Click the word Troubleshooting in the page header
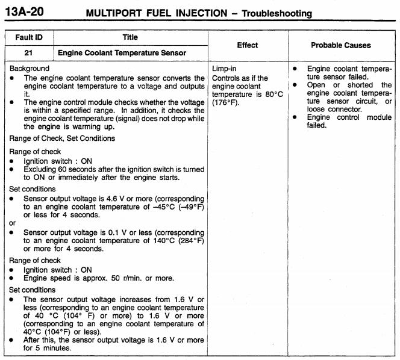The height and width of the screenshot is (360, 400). coord(277,13)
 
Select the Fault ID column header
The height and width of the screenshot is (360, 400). coord(28,37)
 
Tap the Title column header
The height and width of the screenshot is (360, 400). coord(130,37)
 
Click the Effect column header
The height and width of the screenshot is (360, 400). coord(248,45)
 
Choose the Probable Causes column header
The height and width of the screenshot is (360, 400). coord(341,45)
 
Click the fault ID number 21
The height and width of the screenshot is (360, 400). coord(28,53)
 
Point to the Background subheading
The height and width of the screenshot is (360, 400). coord(30,69)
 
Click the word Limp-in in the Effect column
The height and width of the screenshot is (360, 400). coord(225,69)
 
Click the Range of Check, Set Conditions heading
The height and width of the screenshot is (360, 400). coord(62,138)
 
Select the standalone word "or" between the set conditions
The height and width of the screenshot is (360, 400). coord(13,222)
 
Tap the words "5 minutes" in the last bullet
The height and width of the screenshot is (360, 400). coord(46,347)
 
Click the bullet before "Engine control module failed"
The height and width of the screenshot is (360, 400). coord(295,117)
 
